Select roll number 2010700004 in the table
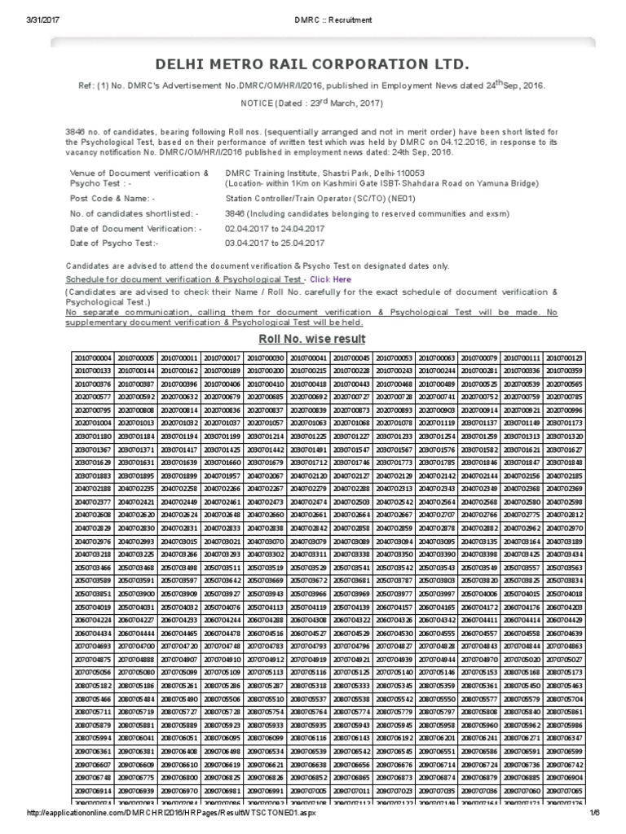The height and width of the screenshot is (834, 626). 91,358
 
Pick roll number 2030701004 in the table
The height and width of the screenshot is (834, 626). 91,423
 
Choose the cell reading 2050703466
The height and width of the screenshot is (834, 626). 91,567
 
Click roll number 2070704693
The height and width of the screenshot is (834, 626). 91,646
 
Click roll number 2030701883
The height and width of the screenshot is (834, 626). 91,475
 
